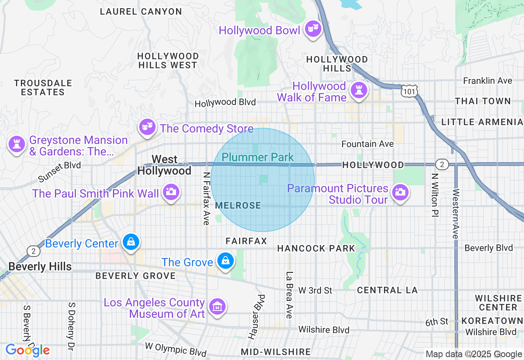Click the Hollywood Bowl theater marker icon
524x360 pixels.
pos(313,29)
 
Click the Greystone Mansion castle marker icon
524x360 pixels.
pos(17,144)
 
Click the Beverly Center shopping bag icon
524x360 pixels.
pos(131,242)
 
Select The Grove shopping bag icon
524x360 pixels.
pos(225,261)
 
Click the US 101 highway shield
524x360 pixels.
pos(409,90)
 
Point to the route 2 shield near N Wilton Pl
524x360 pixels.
pos(441,164)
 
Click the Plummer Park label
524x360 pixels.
pos(258,157)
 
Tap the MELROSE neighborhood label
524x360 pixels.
pos(238,205)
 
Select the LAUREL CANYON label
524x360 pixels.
pos(141,11)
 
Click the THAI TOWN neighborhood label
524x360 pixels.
pos(483,101)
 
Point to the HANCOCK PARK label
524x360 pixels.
pos(316,248)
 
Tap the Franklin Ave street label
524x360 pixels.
pos(488,81)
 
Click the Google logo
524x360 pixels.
pos(27,350)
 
